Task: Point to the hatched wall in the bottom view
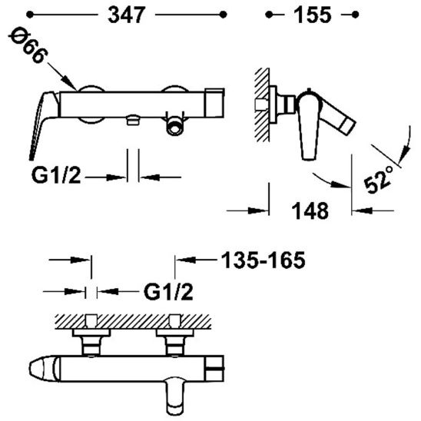click(x=138, y=319)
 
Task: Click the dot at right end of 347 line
click(x=224, y=15)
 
